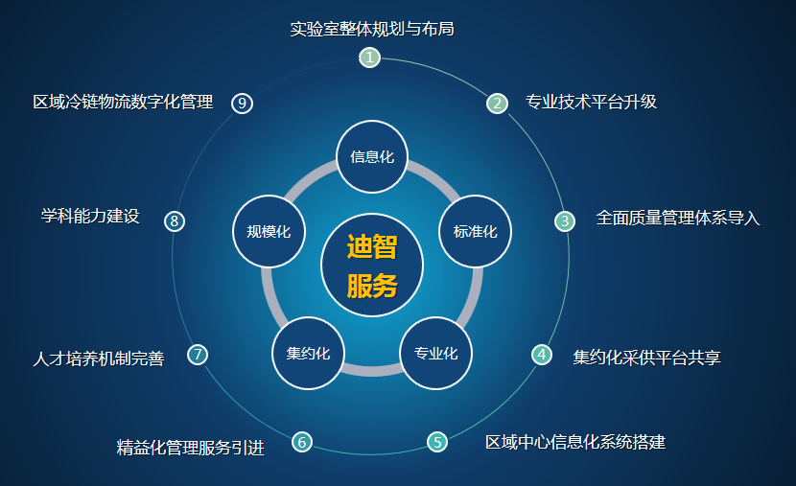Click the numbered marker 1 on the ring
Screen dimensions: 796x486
(369, 58)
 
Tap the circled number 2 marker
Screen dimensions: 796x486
(497, 104)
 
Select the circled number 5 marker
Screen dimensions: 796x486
(437, 442)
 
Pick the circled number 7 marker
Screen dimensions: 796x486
(198, 354)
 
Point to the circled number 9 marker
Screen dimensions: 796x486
(242, 104)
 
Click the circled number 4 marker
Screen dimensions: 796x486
(542, 354)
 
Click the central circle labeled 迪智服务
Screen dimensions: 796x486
(372, 265)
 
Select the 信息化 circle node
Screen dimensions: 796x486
(372, 157)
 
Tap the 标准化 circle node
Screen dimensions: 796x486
(475, 231)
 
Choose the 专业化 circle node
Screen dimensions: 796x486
(436, 353)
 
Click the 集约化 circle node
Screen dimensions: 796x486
(308, 353)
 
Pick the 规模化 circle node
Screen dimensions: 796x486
(269, 231)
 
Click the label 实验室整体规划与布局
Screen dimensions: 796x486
(372, 29)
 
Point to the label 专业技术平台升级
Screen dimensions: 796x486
(592, 102)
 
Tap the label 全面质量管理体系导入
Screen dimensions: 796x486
(678, 219)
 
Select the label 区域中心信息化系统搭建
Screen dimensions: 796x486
(575, 442)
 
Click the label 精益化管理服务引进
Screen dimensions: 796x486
(191, 448)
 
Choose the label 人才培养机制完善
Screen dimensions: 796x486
(99, 359)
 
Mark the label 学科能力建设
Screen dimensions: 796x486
(90, 216)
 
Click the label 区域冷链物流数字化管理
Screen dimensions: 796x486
(123, 102)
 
